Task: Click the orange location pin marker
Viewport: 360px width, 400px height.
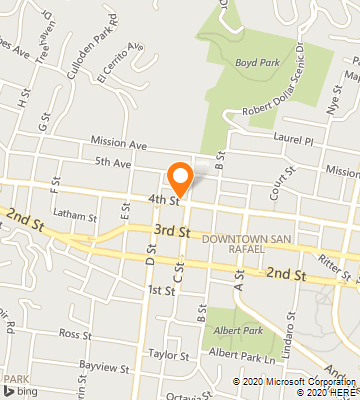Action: pyautogui.click(x=180, y=177)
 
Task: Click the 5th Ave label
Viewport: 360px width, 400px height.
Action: pyautogui.click(x=113, y=162)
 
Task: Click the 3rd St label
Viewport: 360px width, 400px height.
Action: pyautogui.click(x=170, y=231)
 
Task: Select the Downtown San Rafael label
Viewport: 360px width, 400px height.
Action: pyautogui.click(x=246, y=245)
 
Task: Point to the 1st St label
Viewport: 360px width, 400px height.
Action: pyautogui.click(x=161, y=289)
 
